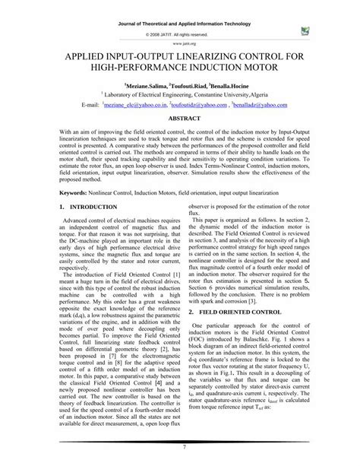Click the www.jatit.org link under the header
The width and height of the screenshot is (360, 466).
pos(179,44)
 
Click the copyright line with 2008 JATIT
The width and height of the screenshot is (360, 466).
pos(179,34)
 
